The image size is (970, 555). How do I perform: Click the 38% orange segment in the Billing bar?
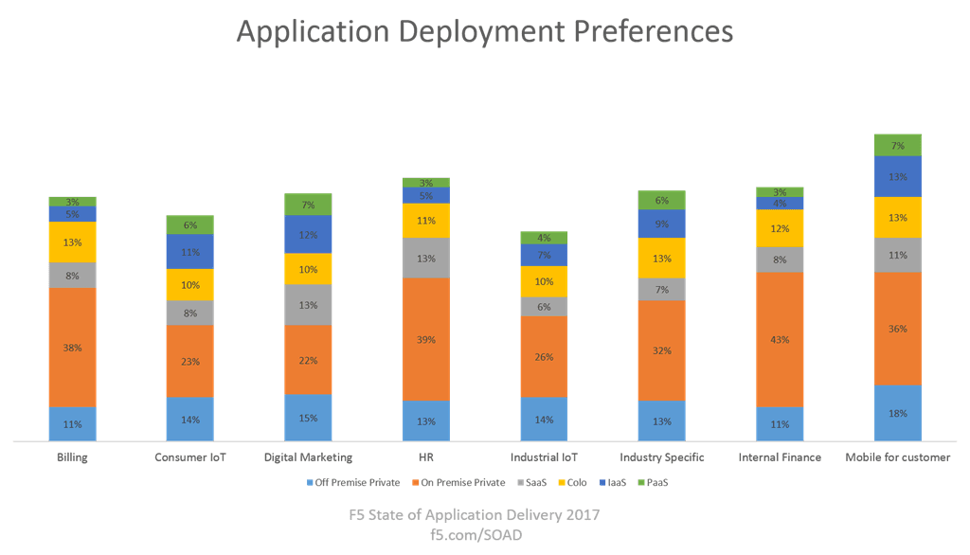(x=73, y=347)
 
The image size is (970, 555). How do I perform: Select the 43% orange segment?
(x=780, y=339)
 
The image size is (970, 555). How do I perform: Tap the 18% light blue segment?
(x=897, y=413)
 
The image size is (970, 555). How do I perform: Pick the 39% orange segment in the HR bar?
(x=426, y=339)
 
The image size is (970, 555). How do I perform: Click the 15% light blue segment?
(x=308, y=418)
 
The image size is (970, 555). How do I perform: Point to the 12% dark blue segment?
(x=308, y=234)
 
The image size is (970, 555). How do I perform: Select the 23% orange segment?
(x=190, y=361)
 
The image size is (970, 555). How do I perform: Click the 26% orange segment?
(x=544, y=356)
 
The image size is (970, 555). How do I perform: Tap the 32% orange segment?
(x=661, y=350)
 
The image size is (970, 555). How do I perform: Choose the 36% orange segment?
(x=897, y=329)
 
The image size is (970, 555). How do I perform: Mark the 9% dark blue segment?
(x=661, y=224)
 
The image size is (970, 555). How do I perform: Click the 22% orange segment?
(x=308, y=360)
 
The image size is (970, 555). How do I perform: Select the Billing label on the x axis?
(x=72, y=457)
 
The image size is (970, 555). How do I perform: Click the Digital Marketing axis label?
(x=308, y=457)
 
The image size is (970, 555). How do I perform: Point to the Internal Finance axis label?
(x=780, y=457)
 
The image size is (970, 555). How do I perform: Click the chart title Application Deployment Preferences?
(x=484, y=31)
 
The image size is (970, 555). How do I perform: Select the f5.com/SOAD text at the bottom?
(x=474, y=534)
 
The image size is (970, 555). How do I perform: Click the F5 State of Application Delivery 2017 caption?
(x=474, y=516)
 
